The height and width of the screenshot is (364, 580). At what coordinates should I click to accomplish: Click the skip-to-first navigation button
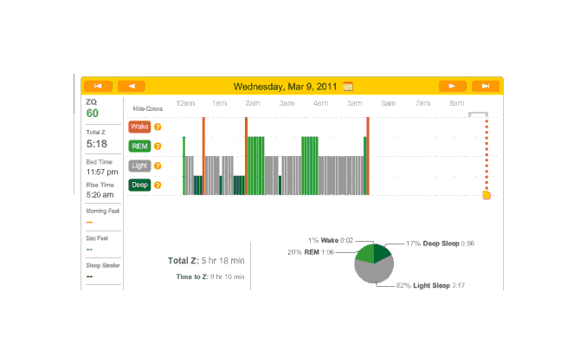click(x=98, y=86)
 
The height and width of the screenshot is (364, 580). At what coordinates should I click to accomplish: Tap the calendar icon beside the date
click(x=348, y=87)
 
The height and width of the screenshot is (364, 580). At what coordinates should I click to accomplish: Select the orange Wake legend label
click(x=139, y=127)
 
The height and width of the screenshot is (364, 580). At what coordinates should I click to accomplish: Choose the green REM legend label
click(x=139, y=146)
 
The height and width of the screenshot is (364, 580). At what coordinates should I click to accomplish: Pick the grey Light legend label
click(x=139, y=165)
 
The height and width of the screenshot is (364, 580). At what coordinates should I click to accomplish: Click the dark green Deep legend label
click(x=139, y=184)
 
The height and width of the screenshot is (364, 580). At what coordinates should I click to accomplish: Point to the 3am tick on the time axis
click(x=287, y=103)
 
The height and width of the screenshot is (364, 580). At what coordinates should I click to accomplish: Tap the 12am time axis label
click(x=185, y=103)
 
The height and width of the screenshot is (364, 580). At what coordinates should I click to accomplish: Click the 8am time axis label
click(x=456, y=103)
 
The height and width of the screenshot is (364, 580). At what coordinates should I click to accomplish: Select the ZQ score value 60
click(x=92, y=114)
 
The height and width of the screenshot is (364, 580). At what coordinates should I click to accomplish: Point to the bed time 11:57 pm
click(x=101, y=172)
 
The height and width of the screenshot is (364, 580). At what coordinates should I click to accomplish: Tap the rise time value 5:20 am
click(x=100, y=194)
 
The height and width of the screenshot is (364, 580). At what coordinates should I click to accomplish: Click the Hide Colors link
click(x=148, y=109)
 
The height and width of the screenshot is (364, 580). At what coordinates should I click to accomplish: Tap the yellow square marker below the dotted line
click(x=487, y=195)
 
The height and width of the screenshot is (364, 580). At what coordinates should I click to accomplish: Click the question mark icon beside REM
click(x=158, y=146)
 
